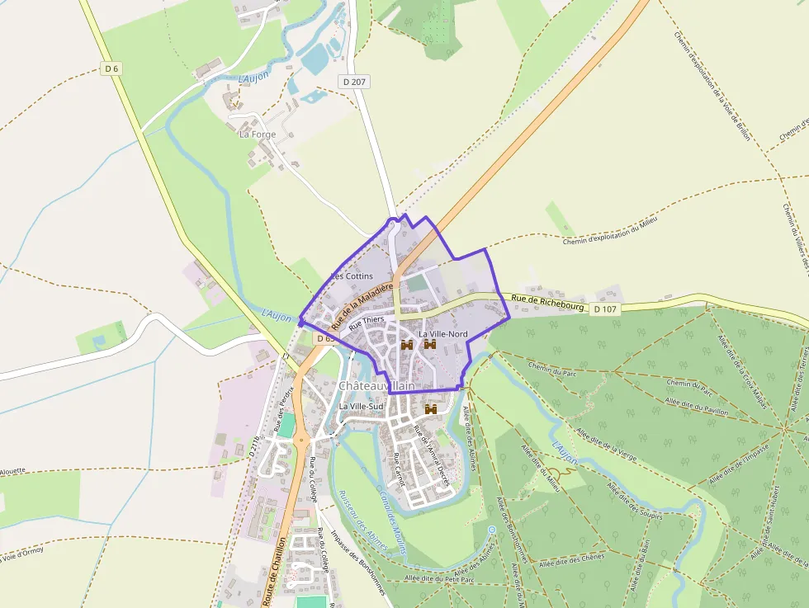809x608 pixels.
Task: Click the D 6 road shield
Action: (x=112, y=68)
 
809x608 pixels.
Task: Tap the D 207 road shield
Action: (x=353, y=82)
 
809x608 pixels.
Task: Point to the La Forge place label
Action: (x=258, y=134)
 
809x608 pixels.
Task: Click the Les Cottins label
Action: (x=352, y=276)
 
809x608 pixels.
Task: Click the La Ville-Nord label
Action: (x=443, y=333)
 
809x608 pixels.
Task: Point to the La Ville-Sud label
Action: (x=362, y=407)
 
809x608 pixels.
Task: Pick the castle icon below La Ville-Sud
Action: (x=430, y=409)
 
